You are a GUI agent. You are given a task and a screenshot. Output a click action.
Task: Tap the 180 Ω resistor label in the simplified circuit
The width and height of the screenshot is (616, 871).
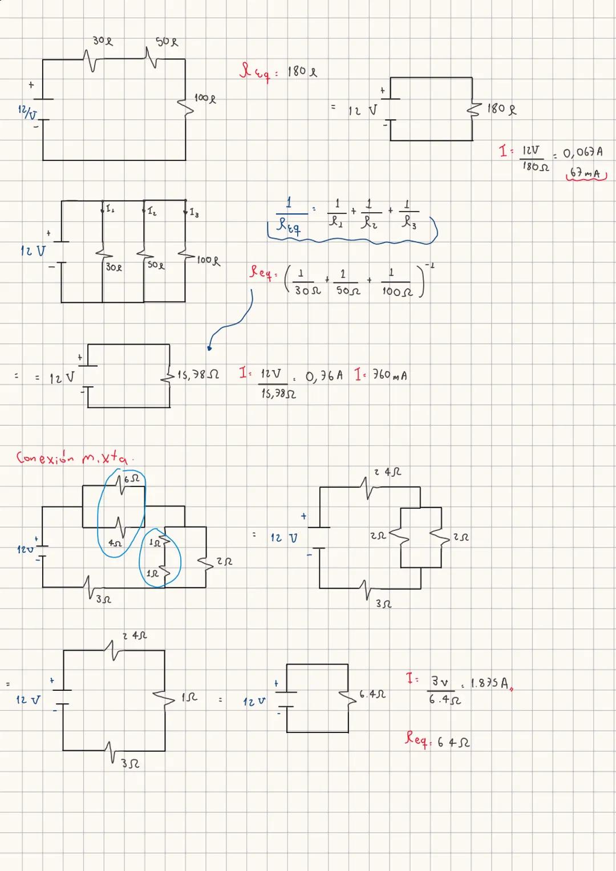502,108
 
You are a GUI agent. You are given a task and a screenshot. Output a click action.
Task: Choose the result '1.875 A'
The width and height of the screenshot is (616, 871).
489,683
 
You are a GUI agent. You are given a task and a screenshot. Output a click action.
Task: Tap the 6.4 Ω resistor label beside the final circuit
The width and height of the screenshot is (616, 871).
372,695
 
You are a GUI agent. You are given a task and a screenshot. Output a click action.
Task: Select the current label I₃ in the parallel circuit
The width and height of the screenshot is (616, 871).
194,213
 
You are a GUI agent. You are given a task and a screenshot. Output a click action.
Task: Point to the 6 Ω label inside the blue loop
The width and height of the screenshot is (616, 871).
131,479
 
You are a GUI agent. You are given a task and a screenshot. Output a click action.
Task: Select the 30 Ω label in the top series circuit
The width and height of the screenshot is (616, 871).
103,41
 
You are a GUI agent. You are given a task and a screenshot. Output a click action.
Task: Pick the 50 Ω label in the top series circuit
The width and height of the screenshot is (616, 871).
167,42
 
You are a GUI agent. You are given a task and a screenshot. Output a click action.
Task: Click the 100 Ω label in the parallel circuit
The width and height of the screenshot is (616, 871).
208,261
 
